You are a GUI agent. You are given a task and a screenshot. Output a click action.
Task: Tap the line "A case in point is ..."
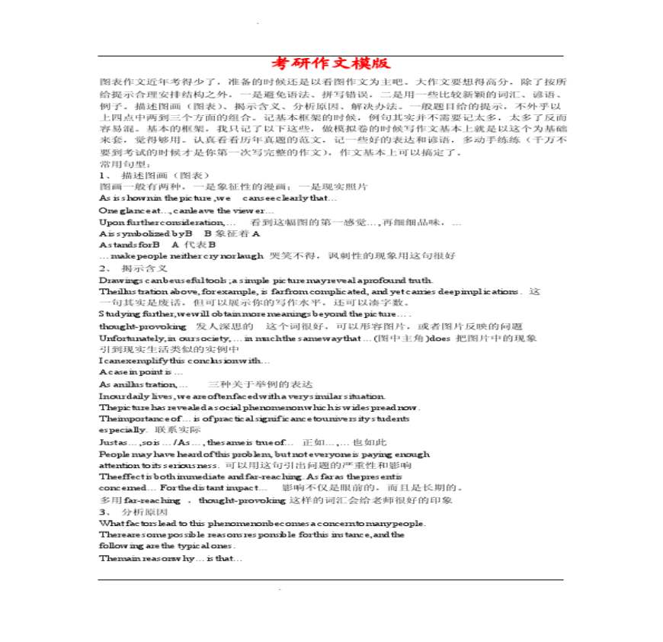pyautogui.click(x=140, y=372)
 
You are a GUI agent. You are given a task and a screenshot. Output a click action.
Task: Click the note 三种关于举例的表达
pyautogui.click(x=260, y=384)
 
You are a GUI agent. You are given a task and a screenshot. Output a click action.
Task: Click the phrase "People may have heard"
pyautogui.click(x=152, y=454)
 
